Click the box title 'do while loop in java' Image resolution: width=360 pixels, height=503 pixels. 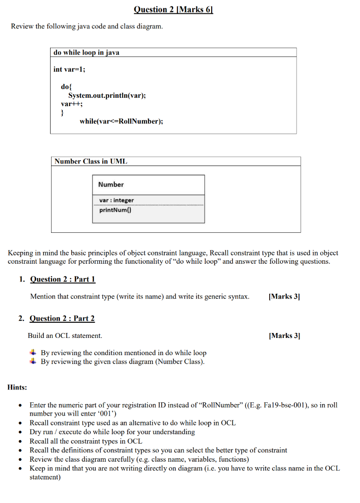coord(86,53)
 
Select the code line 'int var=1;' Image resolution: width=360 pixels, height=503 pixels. coord(69,69)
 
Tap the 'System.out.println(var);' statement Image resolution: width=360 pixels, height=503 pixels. coord(107,95)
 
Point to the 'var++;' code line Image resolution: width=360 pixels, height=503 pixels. coord(72,104)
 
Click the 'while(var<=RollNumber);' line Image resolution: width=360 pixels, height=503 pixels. coord(121,121)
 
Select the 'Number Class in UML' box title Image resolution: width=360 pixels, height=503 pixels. coord(91,161)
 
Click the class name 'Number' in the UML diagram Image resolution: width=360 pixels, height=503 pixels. coord(111,185)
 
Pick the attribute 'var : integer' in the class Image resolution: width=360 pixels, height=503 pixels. coord(116,200)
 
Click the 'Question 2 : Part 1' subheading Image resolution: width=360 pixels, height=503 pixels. coord(62,279)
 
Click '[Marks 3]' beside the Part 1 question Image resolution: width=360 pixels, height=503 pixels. coord(284,297)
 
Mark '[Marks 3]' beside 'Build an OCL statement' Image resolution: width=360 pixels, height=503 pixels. coord(284,336)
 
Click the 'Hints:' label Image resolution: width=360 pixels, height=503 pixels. coord(18,388)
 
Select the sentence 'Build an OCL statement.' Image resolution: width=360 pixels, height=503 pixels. coord(65,336)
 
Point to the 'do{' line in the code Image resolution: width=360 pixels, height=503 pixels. coord(66,86)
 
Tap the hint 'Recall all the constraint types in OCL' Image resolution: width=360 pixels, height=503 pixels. coord(86,441)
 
